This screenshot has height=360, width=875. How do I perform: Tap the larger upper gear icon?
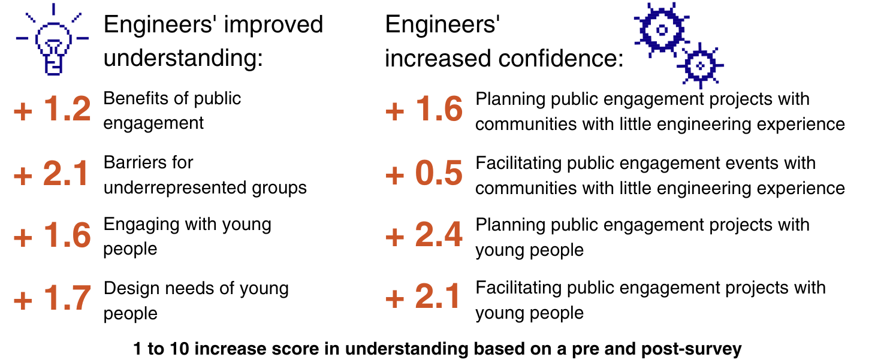point(661,29)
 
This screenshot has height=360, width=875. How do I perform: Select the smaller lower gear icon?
point(699,65)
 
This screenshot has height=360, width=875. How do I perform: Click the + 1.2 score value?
point(52,109)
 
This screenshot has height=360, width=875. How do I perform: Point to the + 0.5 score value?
point(424,174)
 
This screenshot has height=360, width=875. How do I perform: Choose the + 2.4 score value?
point(424,236)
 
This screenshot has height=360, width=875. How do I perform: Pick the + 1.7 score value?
point(52,299)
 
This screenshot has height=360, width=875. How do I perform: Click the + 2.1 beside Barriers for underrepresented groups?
point(52,174)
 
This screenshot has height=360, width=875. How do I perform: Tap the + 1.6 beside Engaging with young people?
point(52,236)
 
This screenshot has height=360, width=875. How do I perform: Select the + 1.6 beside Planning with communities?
point(424,110)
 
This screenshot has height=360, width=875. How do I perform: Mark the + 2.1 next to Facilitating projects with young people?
point(424,299)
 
